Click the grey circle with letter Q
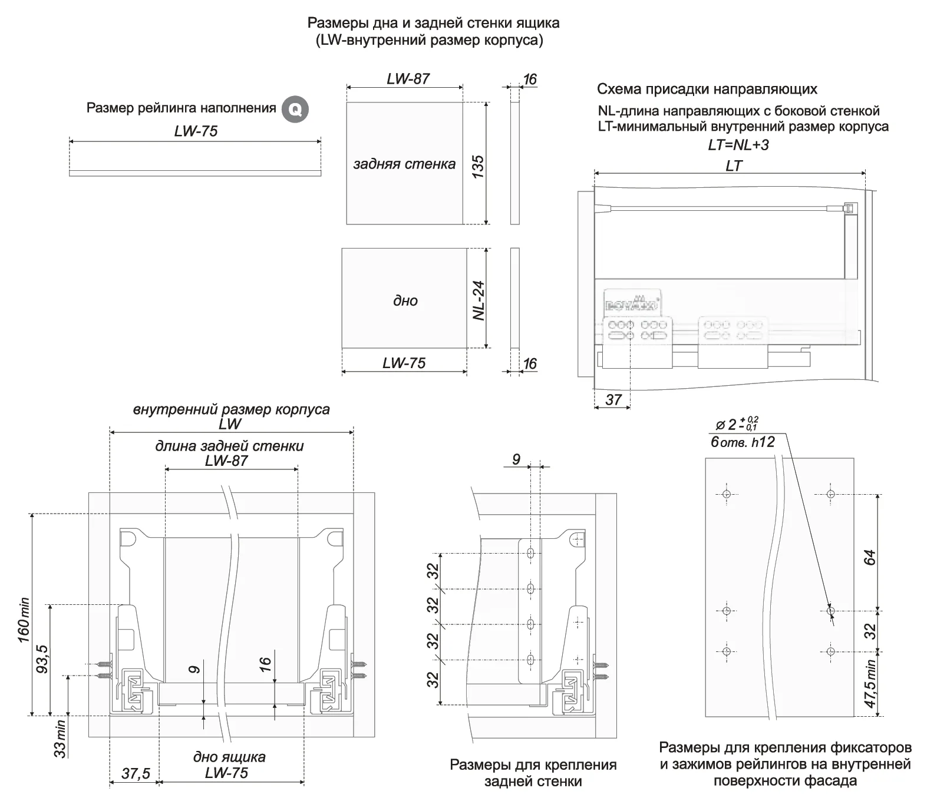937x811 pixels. click(295, 109)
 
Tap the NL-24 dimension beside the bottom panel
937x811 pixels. click(479, 300)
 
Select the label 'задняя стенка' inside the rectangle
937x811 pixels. click(404, 164)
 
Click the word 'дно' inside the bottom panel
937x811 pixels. click(405, 301)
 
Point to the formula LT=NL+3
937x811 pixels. click(738, 145)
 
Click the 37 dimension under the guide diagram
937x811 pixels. click(613, 400)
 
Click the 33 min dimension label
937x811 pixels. click(60, 739)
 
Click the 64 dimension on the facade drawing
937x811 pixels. click(870, 558)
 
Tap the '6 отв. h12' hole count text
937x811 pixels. click(743, 442)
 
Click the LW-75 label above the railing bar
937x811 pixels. click(196, 131)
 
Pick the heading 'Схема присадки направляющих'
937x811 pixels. click(707, 90)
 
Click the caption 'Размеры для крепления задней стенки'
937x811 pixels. click(533, 773)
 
